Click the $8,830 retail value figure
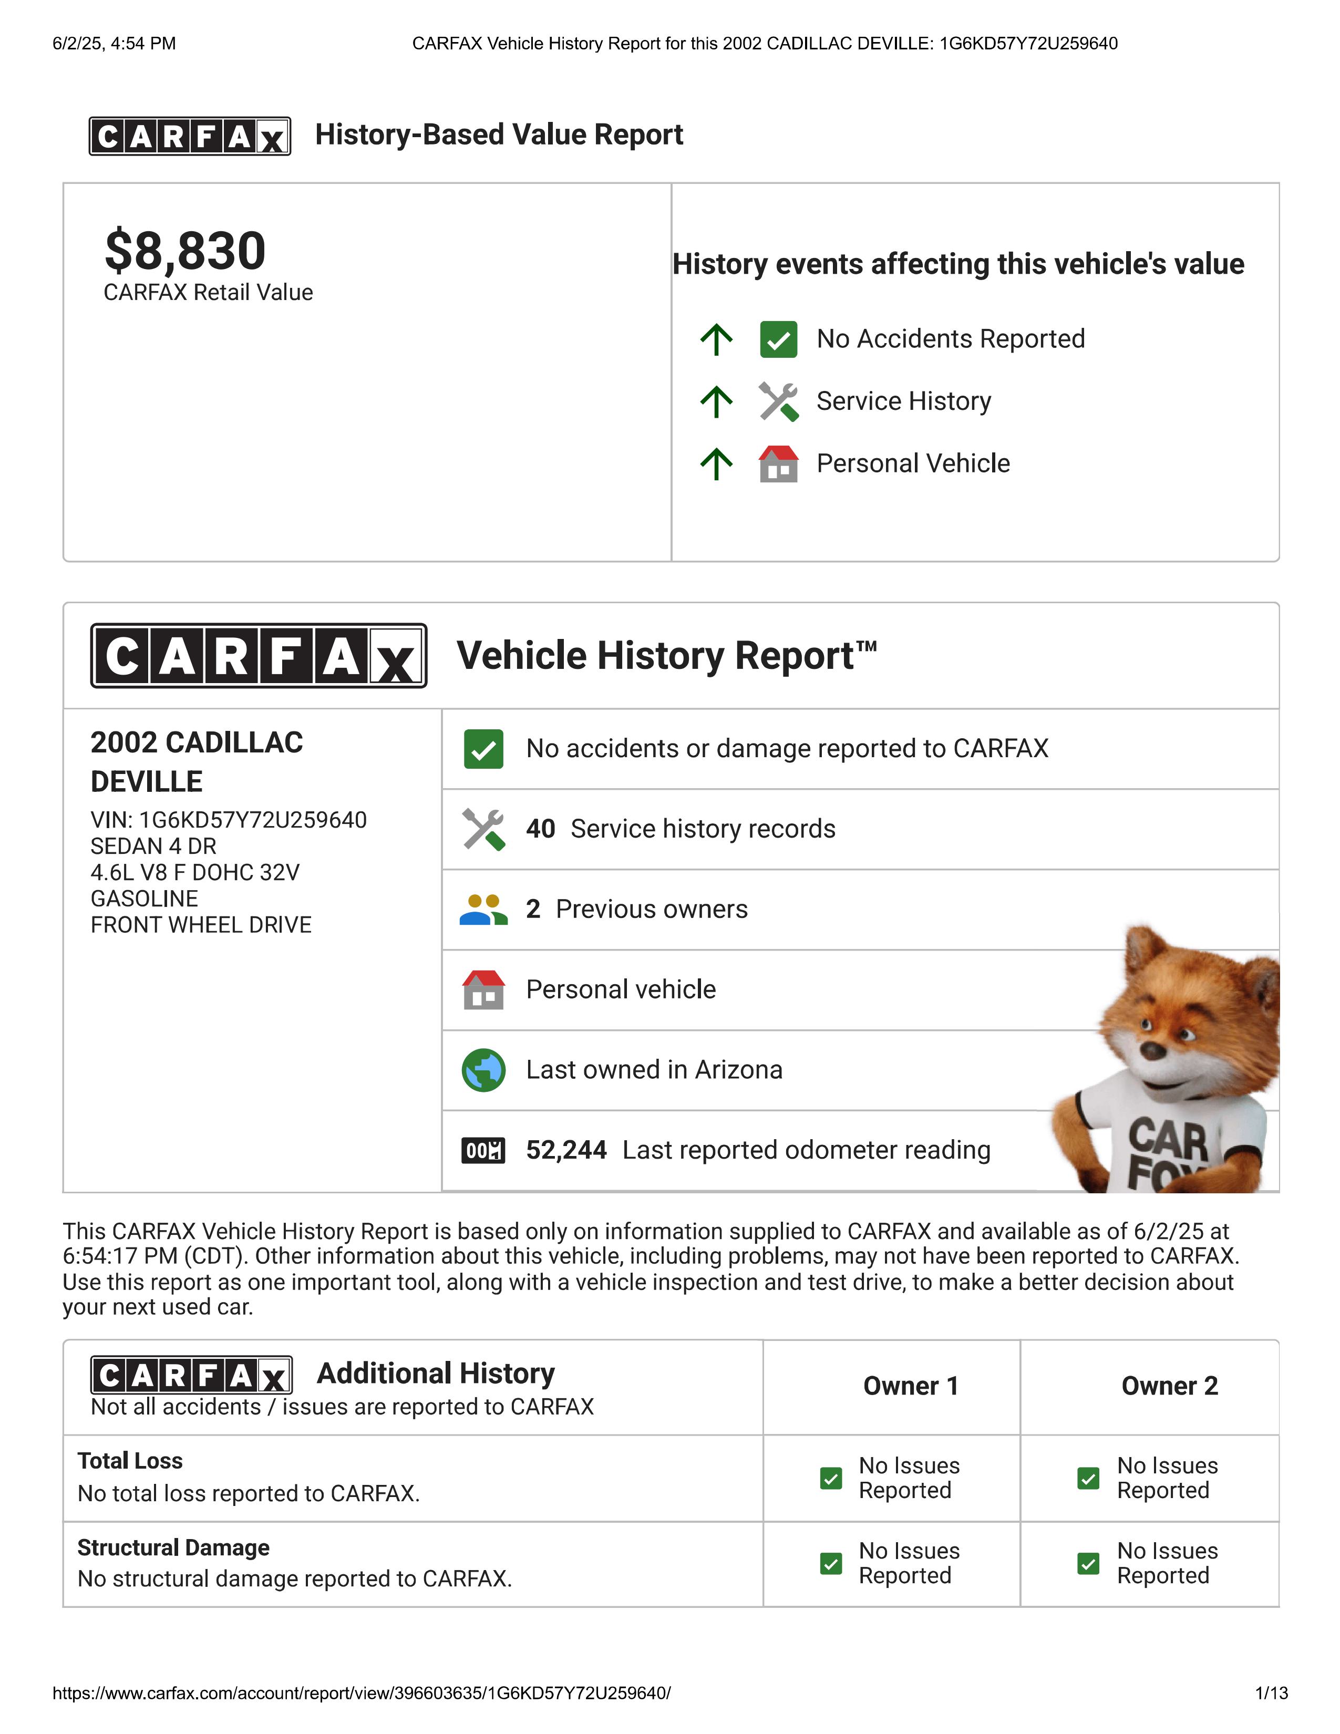[x=185, y=251]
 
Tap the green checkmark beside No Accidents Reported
[x=778, y=340]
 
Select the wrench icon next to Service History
[x=778, y=402]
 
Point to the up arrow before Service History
[x=716, y=402]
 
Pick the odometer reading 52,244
[x=566, y=1150]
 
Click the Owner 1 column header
[x=911, y=1386]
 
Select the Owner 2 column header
[x=1169, y=1386]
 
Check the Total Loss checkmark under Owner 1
[x=830, y=1478]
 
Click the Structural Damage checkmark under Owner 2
[x=1088, y=1564]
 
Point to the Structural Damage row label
[x=173, y=1547]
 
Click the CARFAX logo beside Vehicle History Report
[x=259, y=656]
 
